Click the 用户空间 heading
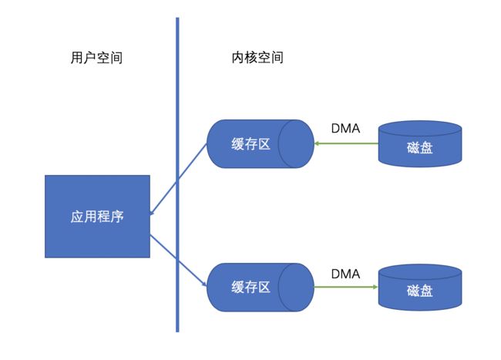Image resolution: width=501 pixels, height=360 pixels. pos(96,58)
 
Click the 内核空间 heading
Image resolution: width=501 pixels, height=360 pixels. pos(257,58)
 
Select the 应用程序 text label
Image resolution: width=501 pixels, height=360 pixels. pos(97,217)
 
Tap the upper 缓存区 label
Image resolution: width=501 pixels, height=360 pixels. pos(250,144)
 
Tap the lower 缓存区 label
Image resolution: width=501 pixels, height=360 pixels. pos(250,288)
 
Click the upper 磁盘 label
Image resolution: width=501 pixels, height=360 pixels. pos(420,147)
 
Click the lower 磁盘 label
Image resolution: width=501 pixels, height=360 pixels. pos(420,291)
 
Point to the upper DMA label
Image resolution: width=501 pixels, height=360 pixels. pos(346,129)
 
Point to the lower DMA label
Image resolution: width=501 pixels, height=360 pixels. pos(346,274)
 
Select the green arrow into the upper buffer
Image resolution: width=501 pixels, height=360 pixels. pos(346,143)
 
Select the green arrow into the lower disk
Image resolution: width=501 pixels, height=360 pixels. pos(346,287)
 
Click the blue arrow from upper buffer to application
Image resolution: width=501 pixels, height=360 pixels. pos(178,179)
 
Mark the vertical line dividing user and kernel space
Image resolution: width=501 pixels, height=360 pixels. pos(177,175)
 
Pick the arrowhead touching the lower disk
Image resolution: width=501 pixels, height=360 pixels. pos(376,287)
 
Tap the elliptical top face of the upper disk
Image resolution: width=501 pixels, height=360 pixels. pos(420,129)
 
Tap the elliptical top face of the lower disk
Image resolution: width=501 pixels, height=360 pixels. pos(420,272)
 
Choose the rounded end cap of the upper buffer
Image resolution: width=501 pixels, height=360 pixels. pos(296,143)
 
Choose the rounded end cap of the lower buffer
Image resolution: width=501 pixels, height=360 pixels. pos(296,288)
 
